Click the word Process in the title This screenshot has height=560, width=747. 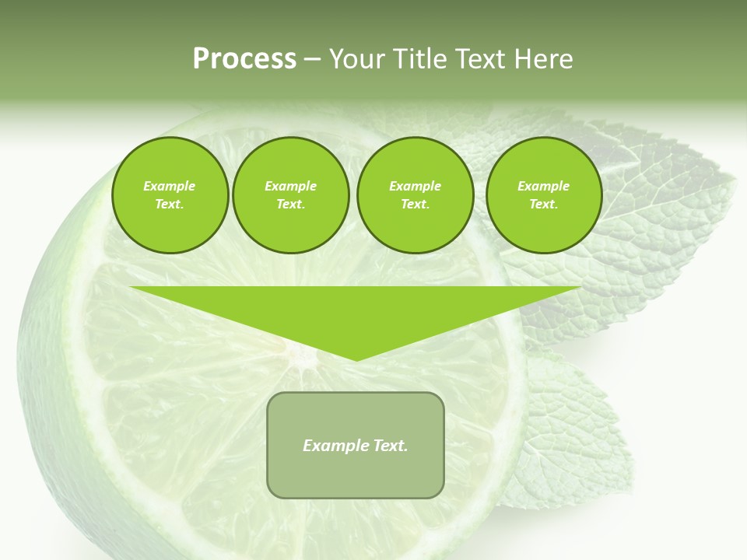244,59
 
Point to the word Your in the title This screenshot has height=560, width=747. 355,59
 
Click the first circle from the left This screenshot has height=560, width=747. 170,195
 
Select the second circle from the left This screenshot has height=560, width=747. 291,195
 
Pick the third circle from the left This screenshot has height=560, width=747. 416,195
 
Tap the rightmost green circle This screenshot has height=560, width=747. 544,195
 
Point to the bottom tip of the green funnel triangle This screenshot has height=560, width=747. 356,360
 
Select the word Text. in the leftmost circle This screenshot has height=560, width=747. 170,205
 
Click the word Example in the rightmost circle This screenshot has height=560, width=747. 544,186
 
